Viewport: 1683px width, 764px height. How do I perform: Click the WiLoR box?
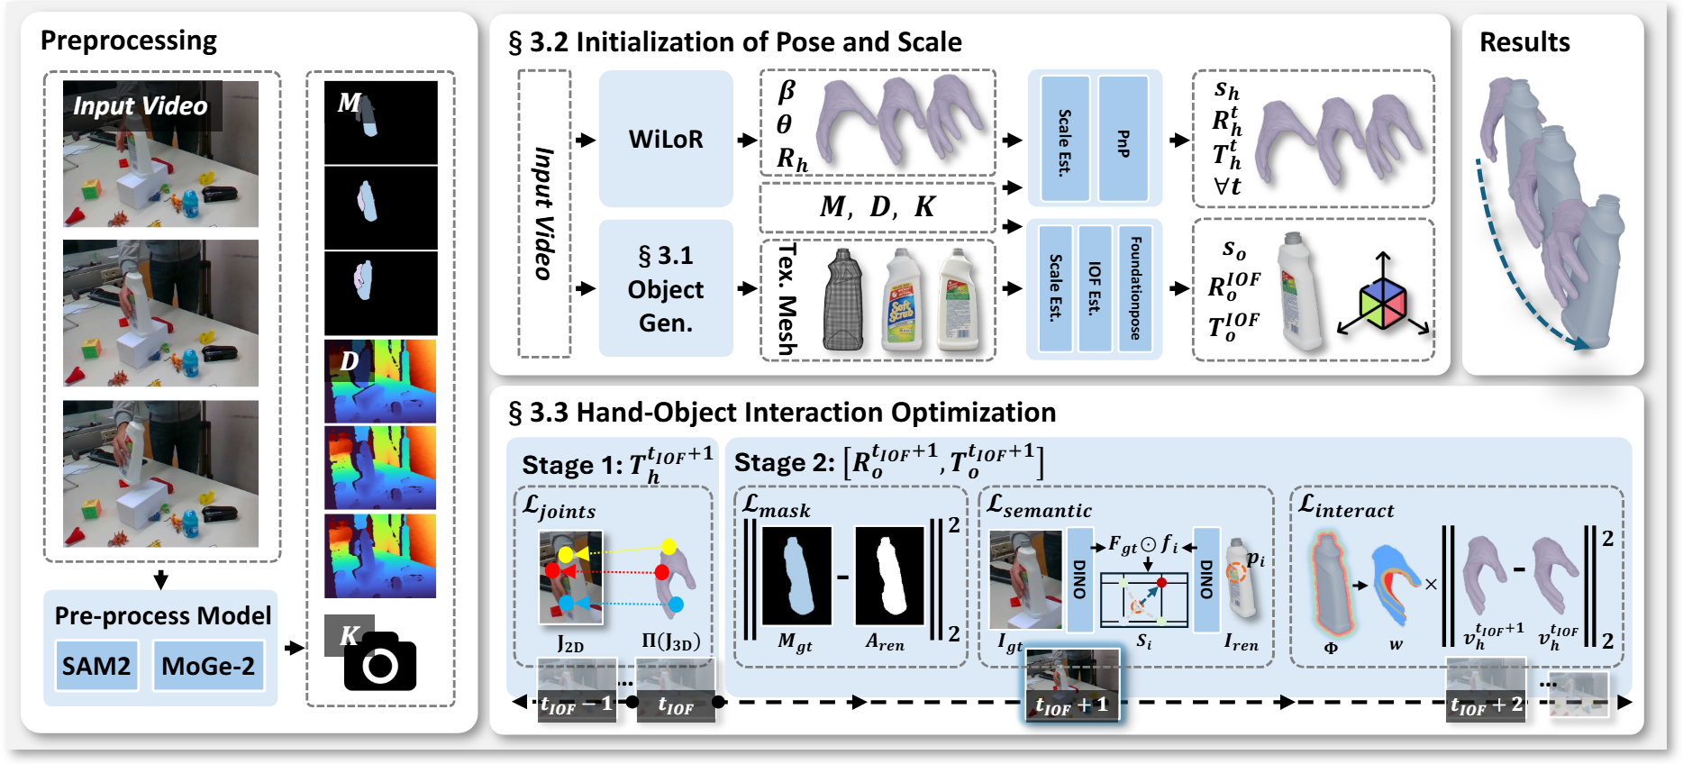tap(666, 139)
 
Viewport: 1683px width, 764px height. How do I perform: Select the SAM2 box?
tap(96, 666)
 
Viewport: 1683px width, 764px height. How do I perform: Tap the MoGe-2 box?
tap(208, 666)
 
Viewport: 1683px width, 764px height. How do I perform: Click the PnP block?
tap(1124, 139)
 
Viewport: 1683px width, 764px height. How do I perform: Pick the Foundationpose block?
tap(1135, 288)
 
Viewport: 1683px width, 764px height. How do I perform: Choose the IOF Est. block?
tap(1095, 288)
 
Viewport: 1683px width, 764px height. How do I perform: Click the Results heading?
tap(1524, 42)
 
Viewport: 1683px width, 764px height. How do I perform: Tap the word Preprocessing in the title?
tap(129, 41)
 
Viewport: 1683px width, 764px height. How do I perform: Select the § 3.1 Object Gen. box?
tap(666, 288)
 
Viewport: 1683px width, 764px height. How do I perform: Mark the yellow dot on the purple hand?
tap(669, 547)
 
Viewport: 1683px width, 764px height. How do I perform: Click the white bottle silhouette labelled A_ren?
tap(888, 577)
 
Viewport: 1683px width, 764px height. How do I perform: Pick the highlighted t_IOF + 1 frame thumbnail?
tap(1072, 686)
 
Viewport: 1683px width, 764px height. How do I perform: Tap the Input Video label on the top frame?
tap(141, 106)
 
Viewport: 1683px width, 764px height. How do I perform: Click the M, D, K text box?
tap(878, 207)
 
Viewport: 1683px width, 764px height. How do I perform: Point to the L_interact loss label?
tap(1346, 507)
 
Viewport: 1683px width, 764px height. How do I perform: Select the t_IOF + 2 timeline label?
tap(1486, 705)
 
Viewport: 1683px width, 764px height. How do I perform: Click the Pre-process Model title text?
tap(162, 615)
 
